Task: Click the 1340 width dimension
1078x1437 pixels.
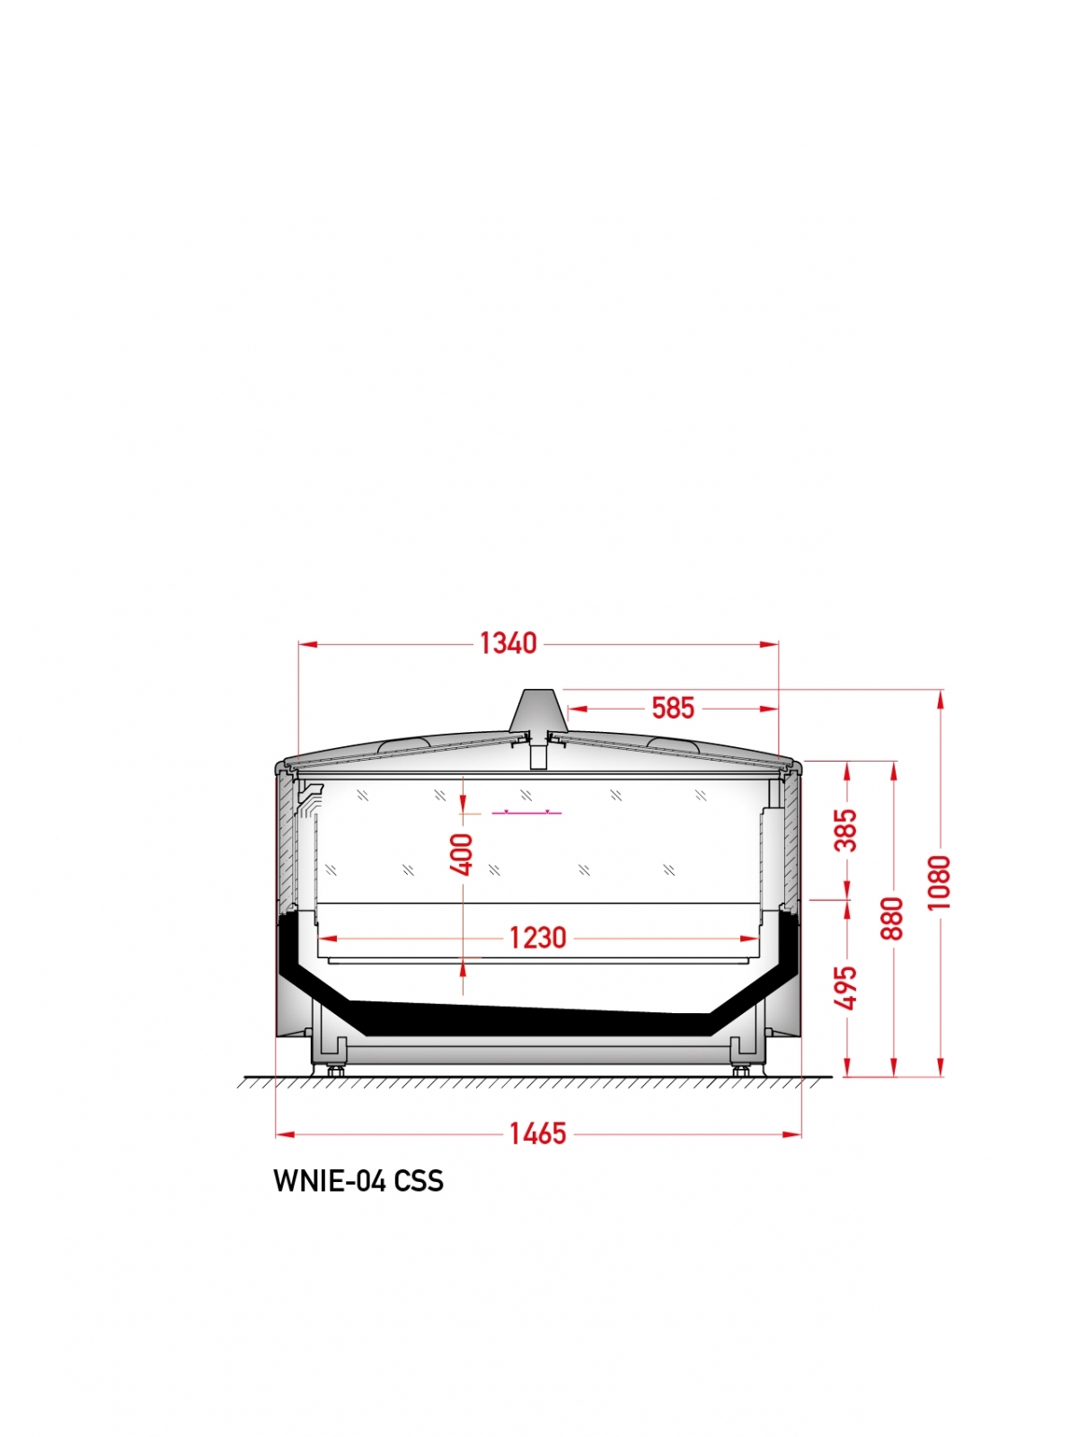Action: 508,644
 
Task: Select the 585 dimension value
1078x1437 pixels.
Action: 673,709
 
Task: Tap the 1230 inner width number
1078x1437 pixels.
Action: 537,939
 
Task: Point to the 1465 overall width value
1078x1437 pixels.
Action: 537,1134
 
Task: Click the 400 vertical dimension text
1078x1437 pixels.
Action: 462,854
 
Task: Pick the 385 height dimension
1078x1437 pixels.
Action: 845,830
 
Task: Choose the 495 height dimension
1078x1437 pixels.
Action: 845,988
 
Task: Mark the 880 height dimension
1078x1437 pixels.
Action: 891,919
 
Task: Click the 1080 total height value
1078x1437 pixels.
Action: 939,883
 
